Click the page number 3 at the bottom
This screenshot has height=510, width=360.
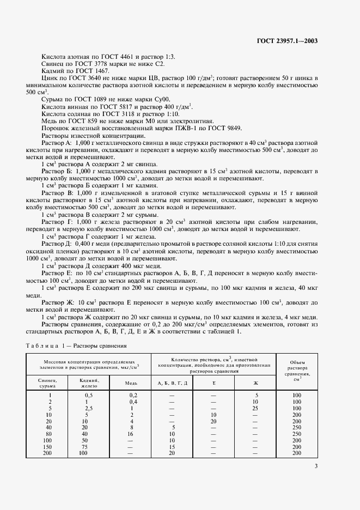coord(316,465)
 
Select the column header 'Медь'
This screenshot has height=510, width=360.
coord(131,383)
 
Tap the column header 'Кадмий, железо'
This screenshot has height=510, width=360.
coord(89,383)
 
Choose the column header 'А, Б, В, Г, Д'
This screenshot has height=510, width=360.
coord(172,383)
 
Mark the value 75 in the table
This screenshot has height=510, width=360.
coord(83,446)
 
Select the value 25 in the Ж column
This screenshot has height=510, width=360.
coord(255,408)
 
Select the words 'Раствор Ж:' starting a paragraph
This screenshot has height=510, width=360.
coord(57,301)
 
